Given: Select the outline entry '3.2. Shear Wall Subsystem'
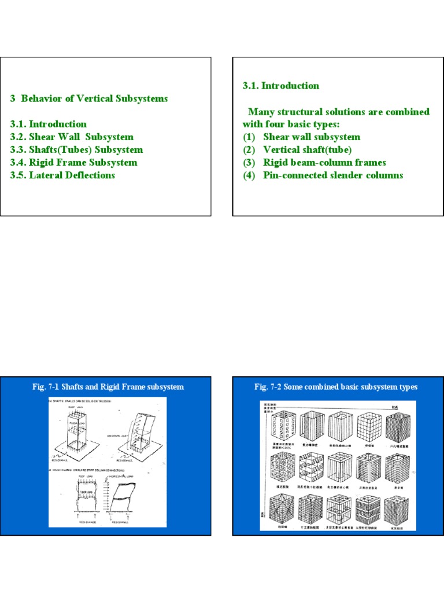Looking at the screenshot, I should coord(72,137).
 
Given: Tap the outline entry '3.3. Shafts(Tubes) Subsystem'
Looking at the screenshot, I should coord(76,149).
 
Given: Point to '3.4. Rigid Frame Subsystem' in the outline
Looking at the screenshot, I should coord(73,162).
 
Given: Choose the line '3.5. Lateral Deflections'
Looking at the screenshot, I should coord(62,175).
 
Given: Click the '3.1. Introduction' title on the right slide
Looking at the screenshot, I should coord(280,86).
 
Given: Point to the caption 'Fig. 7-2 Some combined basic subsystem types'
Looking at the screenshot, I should coord(336,387).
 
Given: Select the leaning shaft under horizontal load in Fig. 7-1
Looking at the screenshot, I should coord(141,431).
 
